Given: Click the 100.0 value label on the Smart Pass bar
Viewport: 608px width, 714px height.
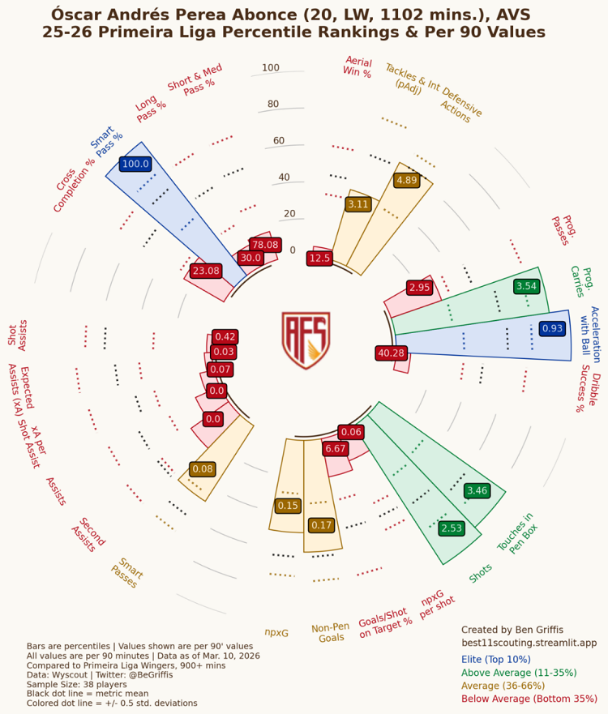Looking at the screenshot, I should (x=135, y=164).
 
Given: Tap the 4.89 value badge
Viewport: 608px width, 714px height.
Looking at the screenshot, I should (x=406, y=180).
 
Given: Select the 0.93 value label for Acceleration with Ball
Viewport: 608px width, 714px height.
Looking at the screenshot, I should (x=552, y=328).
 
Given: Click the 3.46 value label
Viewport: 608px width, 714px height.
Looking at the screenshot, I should (x=477, y=490).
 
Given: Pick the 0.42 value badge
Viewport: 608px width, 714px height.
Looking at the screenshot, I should (x=225, y=336).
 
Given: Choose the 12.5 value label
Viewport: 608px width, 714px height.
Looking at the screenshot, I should (x=319, y=259).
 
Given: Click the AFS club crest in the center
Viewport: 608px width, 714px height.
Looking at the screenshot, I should (x=306, y=341).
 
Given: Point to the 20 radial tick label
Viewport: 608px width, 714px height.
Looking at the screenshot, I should (x=289, y=214).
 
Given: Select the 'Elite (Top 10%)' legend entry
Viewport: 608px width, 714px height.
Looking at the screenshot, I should (x=505, y=660).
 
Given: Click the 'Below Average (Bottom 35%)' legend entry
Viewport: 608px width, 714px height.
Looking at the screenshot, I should (x=529, y=699).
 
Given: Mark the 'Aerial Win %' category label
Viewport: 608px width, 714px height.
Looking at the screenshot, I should (x=358, y=66).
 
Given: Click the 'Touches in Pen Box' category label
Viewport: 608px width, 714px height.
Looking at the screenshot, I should (x=516, y=532).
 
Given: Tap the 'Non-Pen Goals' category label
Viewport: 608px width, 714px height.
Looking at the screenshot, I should (x=331, y=633).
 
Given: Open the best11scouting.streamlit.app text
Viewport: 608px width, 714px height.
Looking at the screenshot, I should (x=529, y=643).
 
